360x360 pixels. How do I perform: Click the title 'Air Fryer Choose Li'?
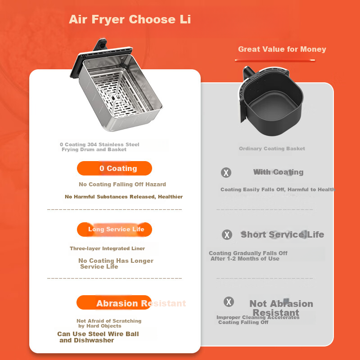click(x=130, y=19)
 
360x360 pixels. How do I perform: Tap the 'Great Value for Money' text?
click(x=282, y=49)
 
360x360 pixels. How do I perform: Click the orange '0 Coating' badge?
click(x=114, y=168)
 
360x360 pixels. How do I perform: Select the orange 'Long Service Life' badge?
click(x=114, y=229)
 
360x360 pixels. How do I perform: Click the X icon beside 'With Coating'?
click(x=226, y=172)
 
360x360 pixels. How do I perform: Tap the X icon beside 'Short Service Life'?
click(x=227, y=234)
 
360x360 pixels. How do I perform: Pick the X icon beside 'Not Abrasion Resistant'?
click(x=229, y=301)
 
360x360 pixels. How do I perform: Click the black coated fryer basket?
click(x=271, y=100)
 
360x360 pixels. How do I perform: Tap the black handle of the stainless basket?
click(x=100, y=44)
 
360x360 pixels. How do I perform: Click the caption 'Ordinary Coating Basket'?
click(x=272, y=148)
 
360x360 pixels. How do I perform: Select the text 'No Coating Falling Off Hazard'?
click(x=122, y=184)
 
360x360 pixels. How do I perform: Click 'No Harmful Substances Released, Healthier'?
click(x=124, y=197)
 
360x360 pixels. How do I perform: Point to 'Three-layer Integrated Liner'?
click(x=107, y=248)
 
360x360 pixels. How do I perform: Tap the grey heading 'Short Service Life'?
click(x=282, y=234)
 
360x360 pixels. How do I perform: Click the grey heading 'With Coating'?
click(x=278, y=172)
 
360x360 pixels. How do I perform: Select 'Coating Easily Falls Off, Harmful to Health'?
click(x=278, y=189)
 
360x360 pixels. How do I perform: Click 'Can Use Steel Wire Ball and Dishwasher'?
click(x=98, y=337)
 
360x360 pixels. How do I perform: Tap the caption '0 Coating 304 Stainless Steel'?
click(x=99, y=144)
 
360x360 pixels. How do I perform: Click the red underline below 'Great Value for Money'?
click(x=275, y=60)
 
